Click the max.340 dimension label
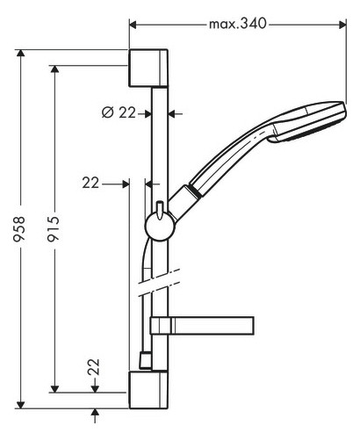point(237,24)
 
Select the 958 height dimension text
point(19,228)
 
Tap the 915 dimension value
point(54,228)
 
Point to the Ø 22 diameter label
point(119,112)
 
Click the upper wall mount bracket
point(148,69)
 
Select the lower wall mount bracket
point(148,389)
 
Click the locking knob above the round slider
point(160,210)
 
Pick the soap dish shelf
point(202,325)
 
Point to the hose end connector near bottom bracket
point(146,360)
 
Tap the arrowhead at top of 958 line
point(20,54)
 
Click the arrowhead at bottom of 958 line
point(20,404)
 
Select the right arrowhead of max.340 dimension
point(342,25)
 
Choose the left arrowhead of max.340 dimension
point(133,25)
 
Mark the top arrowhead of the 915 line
point(54,69)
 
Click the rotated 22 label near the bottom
point(94,367)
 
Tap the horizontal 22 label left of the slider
point(90,184)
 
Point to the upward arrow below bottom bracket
point(95,415)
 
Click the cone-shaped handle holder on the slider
point(184,203)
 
